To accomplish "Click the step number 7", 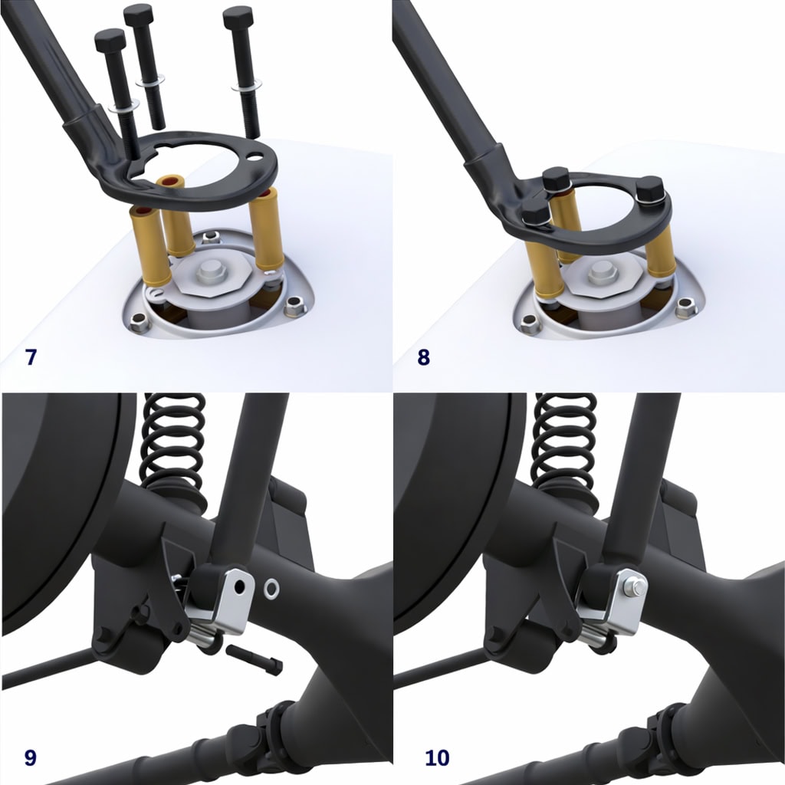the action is pyautogui.click(x=31, y=357).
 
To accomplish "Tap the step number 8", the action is pyautogui.click(x=423, y=357).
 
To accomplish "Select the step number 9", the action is pyautogui.click(x=31, y=757).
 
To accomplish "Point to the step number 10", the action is pyautogui.click(x=437, y=757).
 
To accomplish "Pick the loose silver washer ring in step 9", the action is pyautogui.click(x=271, y=589).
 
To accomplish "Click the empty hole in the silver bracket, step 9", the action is pyautogui.click(x=240, y=586).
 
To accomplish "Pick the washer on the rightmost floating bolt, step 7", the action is pyautogui.click(x=246, y=87).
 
